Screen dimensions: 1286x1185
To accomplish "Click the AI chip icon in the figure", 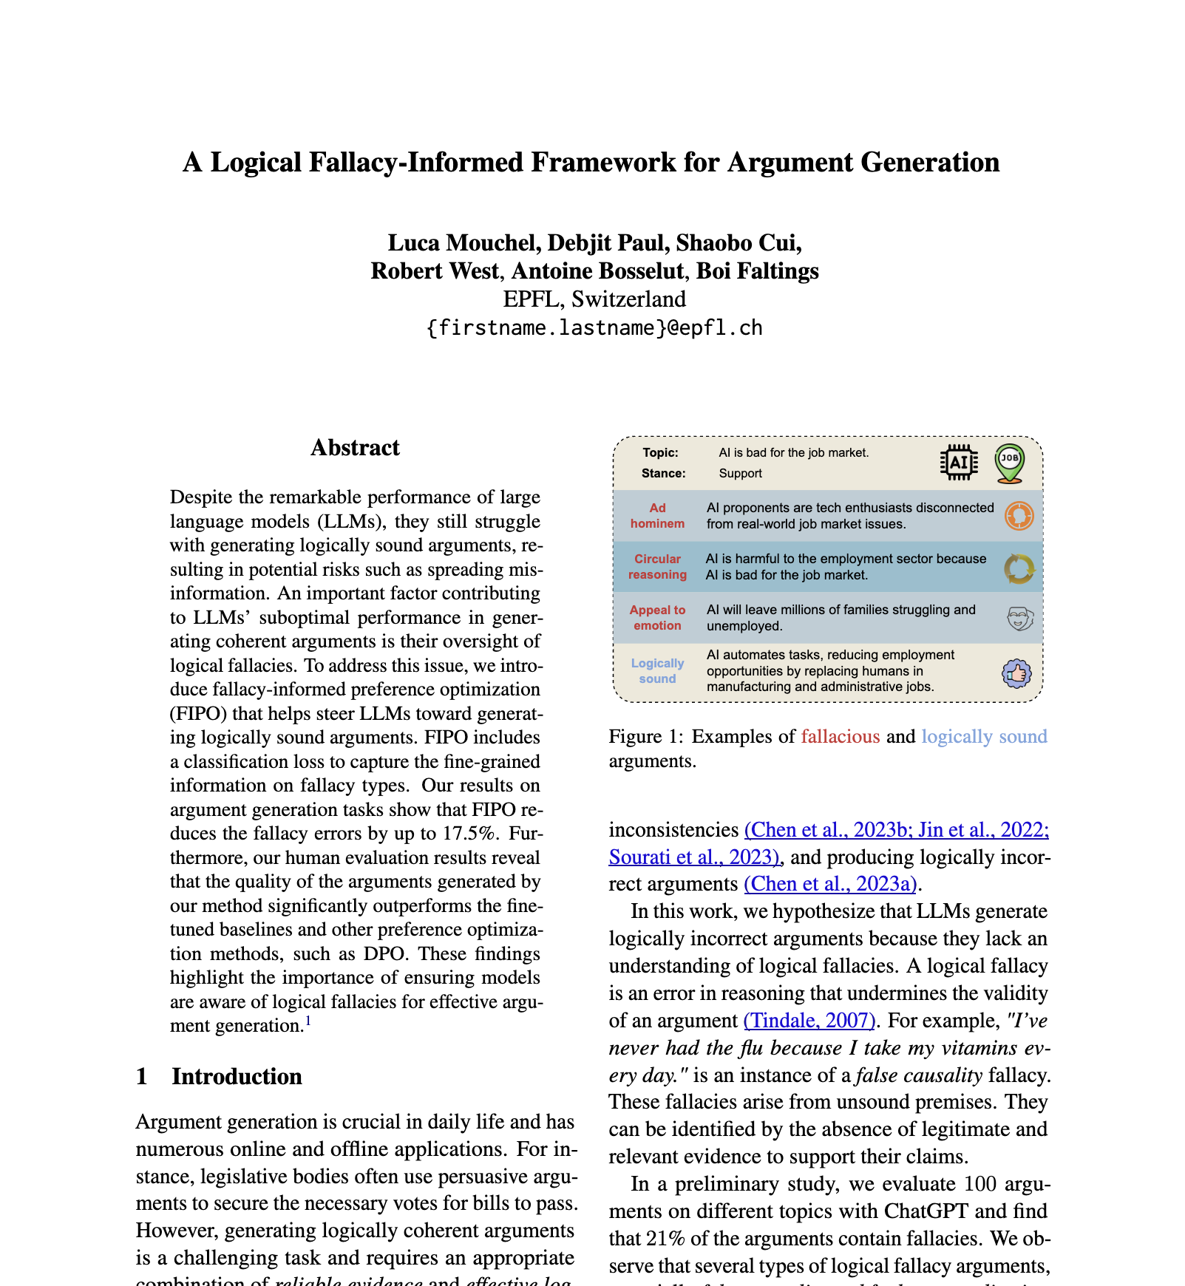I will pos(959,463).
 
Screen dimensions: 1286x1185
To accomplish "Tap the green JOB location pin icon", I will pos(1009,463).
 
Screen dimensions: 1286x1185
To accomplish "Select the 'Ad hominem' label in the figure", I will pos(657,516).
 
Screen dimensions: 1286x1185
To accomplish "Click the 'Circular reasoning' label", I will pos(657,567).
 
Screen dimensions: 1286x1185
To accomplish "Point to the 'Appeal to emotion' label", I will pos(657,618).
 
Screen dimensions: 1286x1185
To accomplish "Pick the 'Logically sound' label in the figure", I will pos(657,671).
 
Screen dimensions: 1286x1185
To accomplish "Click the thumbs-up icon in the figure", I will pos(1016,673).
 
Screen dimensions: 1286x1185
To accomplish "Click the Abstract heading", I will pos(355,448).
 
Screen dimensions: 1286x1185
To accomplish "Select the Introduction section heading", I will pos(237,1077).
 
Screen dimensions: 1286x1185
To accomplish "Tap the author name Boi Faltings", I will pos(758,271).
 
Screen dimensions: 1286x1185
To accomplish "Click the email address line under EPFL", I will pos(594,327).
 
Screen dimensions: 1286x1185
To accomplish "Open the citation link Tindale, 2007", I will pos(809,1021).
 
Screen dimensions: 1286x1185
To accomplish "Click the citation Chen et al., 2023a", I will pos(829,884).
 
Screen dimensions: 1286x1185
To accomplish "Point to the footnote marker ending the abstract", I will pos(308,1022).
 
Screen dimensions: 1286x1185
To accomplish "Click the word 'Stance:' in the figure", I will pos(663,473).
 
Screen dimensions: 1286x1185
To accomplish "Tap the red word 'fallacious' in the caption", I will pos(841,737).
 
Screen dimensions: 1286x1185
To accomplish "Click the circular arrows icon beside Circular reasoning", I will pos(1019,568).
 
